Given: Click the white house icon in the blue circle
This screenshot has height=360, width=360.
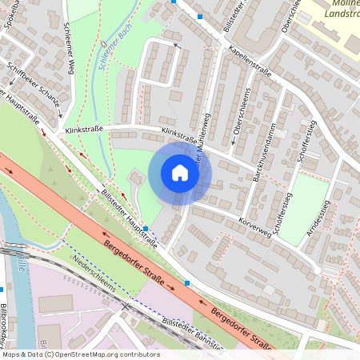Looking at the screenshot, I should click(180, 173).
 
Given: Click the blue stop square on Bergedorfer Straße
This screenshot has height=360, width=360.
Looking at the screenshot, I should click(187, 282).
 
